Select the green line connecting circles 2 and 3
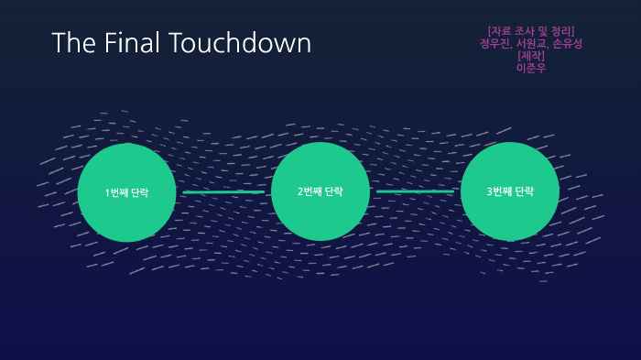click(414, 191)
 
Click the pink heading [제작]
click(530, 56)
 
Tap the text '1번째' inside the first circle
click(116, 193)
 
